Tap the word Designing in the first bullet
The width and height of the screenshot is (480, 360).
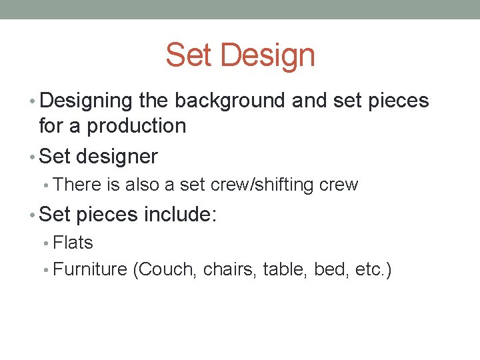point(87,101)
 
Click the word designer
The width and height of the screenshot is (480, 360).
point(117,157)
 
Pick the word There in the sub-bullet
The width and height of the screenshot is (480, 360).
point(74,185)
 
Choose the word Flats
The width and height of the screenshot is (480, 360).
point(73,243)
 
